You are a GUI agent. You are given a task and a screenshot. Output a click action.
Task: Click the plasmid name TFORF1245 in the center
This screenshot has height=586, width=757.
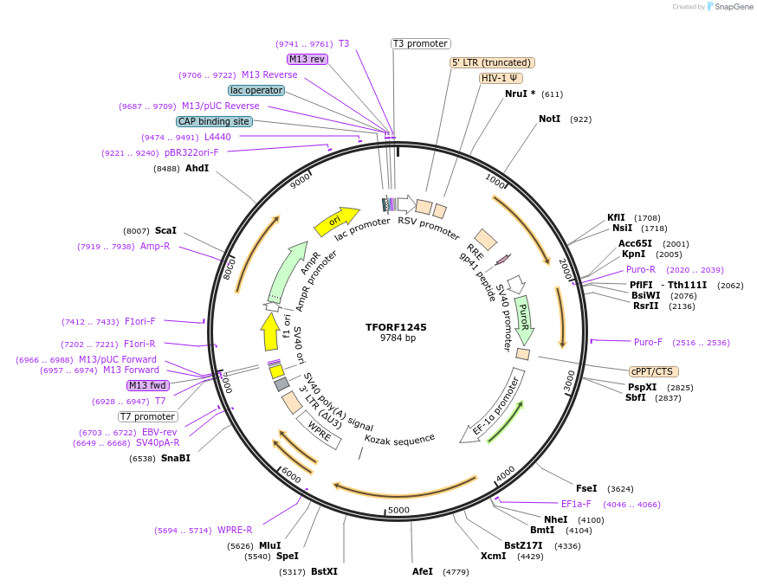click(x=397, y=327)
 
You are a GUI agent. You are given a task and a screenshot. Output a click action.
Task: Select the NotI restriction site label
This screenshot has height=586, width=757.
click(x=549, y=119)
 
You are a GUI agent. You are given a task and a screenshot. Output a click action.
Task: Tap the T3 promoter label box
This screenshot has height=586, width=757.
click(x=421, y=43)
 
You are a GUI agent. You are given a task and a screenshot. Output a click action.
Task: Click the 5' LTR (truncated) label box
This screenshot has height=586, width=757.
click(x=492, y=62)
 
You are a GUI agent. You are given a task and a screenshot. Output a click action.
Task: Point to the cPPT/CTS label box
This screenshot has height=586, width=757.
click(x=651, y=371)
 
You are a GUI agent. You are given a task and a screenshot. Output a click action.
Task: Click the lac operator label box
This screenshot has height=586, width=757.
click(x=257, y=90)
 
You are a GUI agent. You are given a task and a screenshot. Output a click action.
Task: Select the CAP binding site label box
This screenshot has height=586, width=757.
click(x=214, y=122)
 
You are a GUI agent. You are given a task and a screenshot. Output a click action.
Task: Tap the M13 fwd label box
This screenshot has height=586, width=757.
click(x=148, y=385)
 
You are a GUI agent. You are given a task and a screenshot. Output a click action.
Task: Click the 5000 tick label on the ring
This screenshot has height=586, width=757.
click(x=398, y=510)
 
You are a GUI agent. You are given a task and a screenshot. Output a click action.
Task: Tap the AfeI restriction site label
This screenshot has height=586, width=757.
click(x=423, y=572)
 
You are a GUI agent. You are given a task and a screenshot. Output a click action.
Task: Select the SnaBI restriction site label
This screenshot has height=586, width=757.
click(x=176, y=458)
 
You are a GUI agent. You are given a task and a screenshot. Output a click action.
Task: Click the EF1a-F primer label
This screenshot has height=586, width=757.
click(x=576, y=504)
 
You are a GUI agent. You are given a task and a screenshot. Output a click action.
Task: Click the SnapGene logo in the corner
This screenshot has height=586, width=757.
click(x=729, y=7)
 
